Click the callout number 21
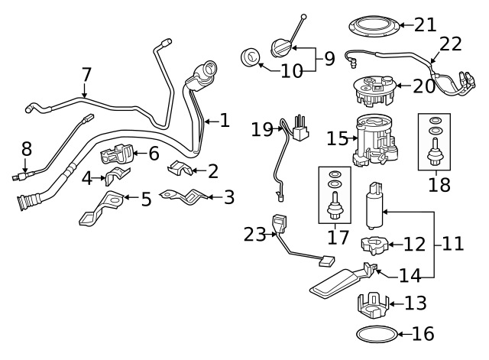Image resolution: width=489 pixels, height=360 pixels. click(x=424, y=25)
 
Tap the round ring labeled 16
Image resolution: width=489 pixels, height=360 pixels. click(x=377, y=335)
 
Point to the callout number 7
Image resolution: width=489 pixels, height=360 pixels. click(x=86, y=75)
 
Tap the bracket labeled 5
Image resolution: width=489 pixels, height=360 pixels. click(x=101, y=208)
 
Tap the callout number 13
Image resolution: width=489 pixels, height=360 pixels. click(x=416, y=303)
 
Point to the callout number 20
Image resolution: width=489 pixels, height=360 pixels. click(x=424, y=86)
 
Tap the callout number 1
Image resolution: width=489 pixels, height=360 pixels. click(x=225, y=120)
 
